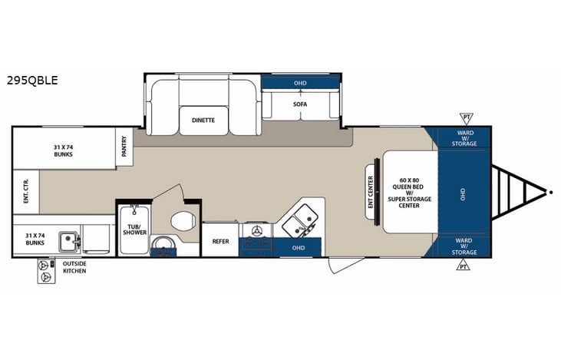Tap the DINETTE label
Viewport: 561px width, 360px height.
(203, 121)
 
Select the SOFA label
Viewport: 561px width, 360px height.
(299, 104)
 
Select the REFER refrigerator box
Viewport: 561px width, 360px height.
(221, 241)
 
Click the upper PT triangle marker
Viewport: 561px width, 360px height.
(466, 117)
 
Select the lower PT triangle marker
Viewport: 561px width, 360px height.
(463, 266)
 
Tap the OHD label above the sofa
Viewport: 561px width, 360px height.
(299, 83)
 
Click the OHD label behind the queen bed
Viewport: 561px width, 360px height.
(462, 192)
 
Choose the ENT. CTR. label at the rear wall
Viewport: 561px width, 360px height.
(25, 192)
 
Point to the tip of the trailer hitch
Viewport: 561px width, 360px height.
(550, 190)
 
